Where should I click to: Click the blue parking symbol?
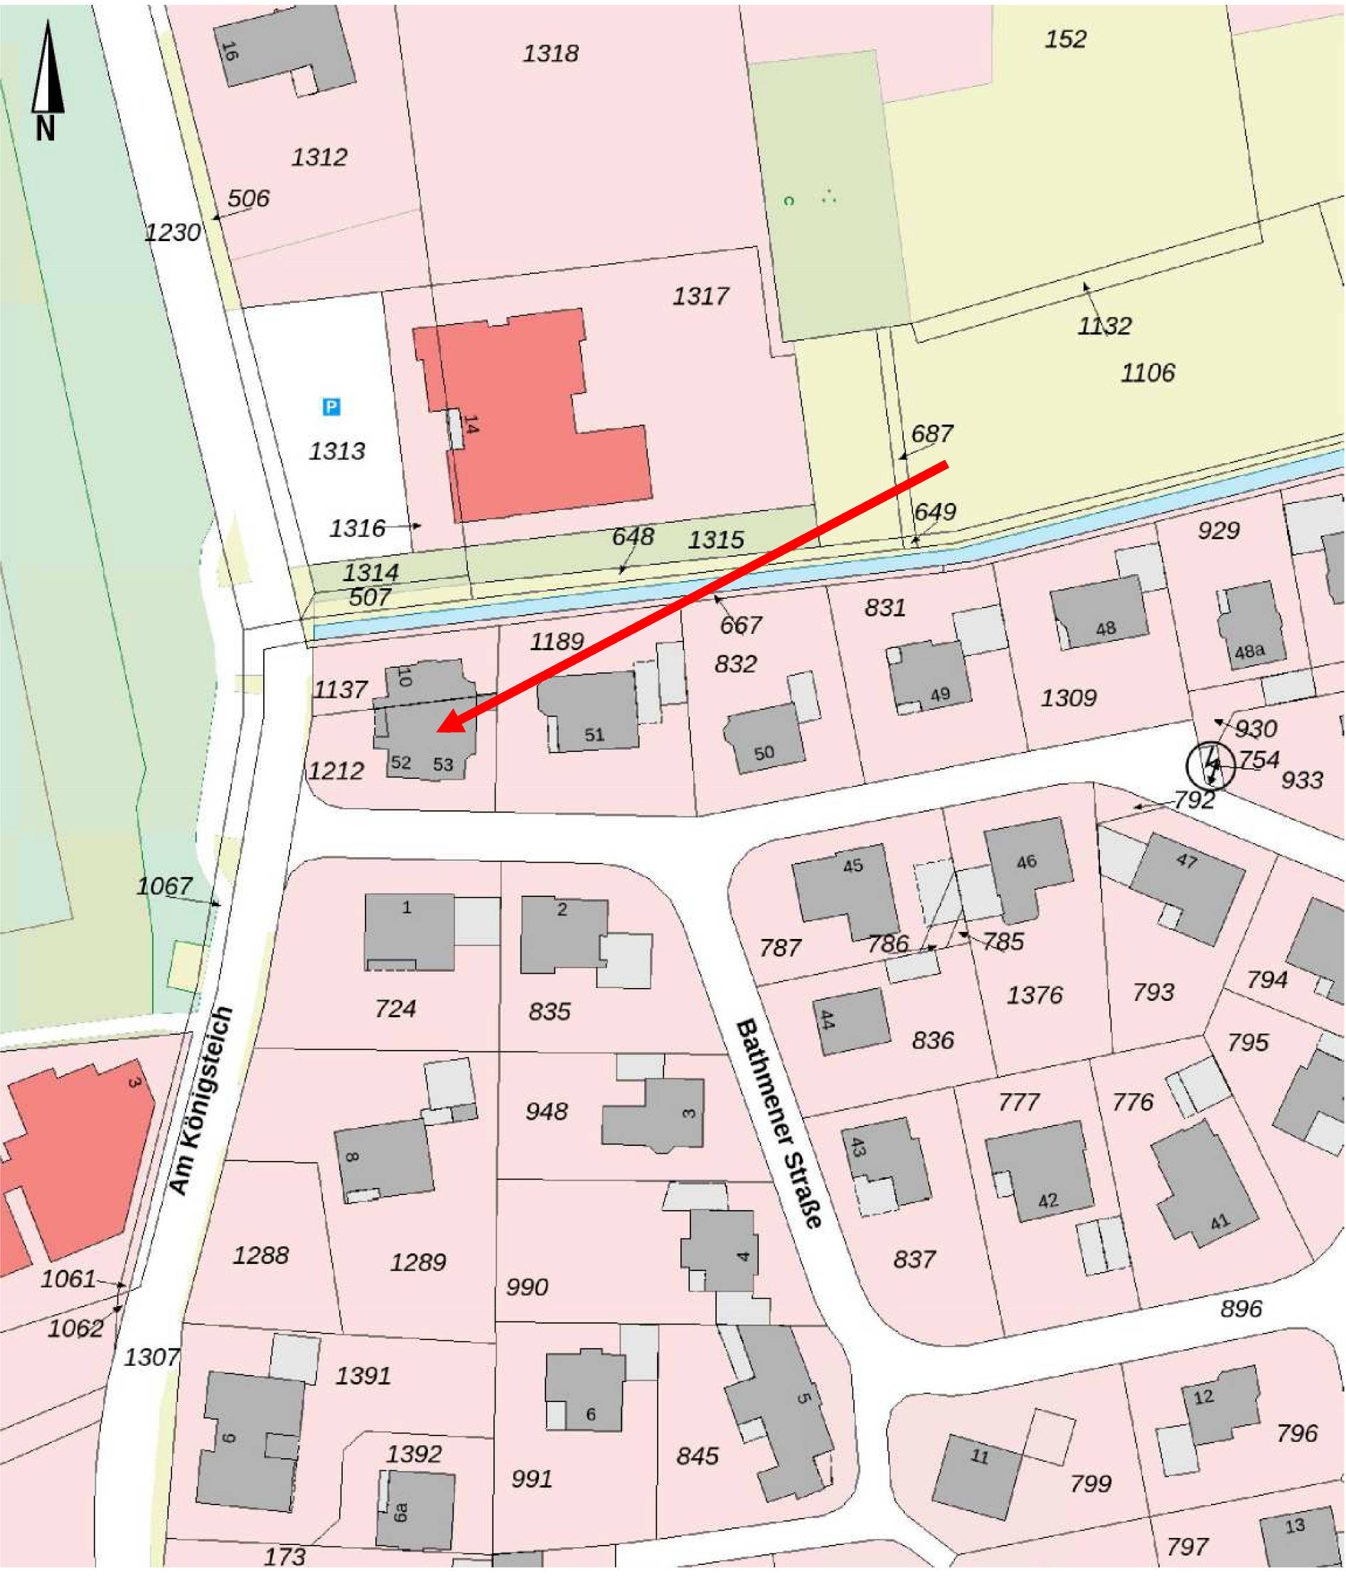coord(331,406)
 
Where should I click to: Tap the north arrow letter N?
coord(46,129)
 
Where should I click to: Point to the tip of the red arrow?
coord(440,731)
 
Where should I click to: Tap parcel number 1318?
coord(550,53)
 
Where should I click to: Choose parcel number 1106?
coord(1148,373)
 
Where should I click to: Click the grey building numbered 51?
coord(589,711)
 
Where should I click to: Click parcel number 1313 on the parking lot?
coord(336,451)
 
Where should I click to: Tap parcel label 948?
coord(546,1111)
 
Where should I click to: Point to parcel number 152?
coord(1065,39)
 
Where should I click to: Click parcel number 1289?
coord(417,1263)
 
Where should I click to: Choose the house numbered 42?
coord(1040,1173)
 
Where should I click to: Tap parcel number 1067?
coord(164,886)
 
